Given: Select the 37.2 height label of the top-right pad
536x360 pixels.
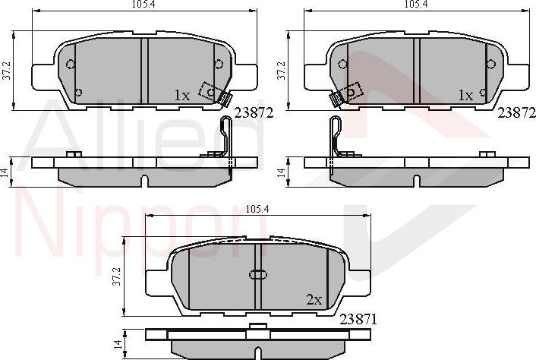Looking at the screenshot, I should [282, 71].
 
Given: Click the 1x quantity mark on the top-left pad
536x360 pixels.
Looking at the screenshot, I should [181, 96].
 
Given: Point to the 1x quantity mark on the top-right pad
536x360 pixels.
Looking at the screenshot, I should [465, 96].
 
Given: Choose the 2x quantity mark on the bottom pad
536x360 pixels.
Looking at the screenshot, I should [314, 299].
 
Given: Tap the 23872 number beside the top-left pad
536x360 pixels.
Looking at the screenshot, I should [253, 113].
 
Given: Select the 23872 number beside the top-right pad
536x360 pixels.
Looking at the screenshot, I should [516, 113].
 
